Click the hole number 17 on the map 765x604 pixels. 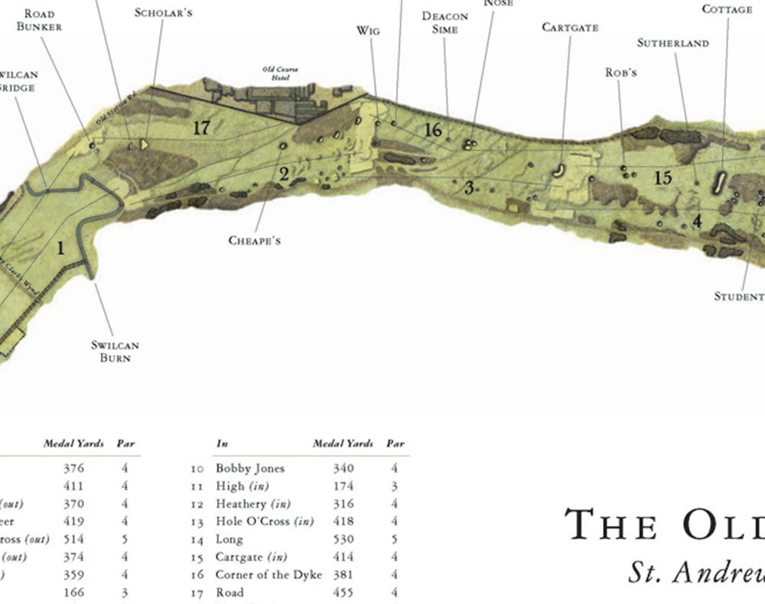(201, 128)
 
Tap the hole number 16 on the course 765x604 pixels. (433, 129)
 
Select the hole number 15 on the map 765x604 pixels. (662, 178)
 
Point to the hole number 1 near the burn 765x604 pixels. (60, 247)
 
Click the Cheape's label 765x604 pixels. (255, 241)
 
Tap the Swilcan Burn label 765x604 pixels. (116, 352)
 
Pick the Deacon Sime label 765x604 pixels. (444, 23)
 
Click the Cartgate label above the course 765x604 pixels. (570, 28)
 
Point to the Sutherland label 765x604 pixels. (673, 44)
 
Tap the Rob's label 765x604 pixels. (621, 73)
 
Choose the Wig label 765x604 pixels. (368, 31)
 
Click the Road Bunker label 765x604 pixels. (44, 21)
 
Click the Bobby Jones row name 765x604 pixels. (249, 468)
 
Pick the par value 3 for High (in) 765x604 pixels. (394, 485)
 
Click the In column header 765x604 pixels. (222, 443)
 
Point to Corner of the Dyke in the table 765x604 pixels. (269, 575)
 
